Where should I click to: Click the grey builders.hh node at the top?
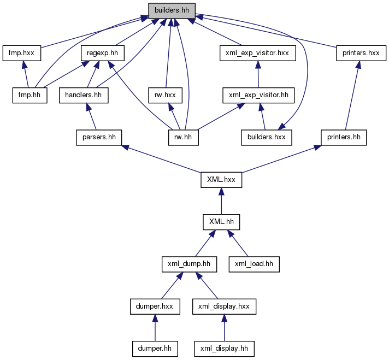(172, 11)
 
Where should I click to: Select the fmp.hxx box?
(22, 53)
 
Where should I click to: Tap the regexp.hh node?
(103, 53)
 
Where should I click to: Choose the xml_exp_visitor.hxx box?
(257, 53)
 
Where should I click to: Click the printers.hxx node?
(361, 53)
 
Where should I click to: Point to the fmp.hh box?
(30, 95)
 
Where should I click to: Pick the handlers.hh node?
(84, 95)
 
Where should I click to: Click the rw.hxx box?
(165, 95)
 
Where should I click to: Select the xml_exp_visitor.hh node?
(258, 95)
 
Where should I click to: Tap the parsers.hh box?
(99, 138)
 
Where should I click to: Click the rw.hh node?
(184, 138)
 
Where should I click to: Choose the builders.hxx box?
(267, 138)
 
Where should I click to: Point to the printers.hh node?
(344, 138)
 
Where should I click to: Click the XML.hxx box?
(221, 180)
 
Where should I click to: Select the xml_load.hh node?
(254, 264)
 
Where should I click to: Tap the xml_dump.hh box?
(189, 264)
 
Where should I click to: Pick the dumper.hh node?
(155, 349)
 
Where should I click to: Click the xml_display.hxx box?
(224, 306)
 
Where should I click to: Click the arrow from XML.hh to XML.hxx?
(221, 201)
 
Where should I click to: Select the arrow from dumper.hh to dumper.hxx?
(155, 328)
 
